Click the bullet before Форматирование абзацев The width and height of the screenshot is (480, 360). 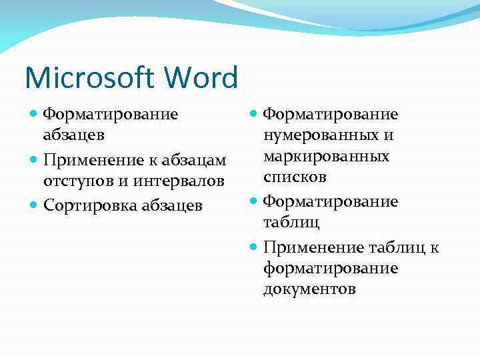34,115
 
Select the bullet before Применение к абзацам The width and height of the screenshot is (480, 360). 34,161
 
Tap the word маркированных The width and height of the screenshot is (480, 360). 327,157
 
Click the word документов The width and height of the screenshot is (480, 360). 310,289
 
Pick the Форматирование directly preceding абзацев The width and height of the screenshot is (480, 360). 111,115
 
